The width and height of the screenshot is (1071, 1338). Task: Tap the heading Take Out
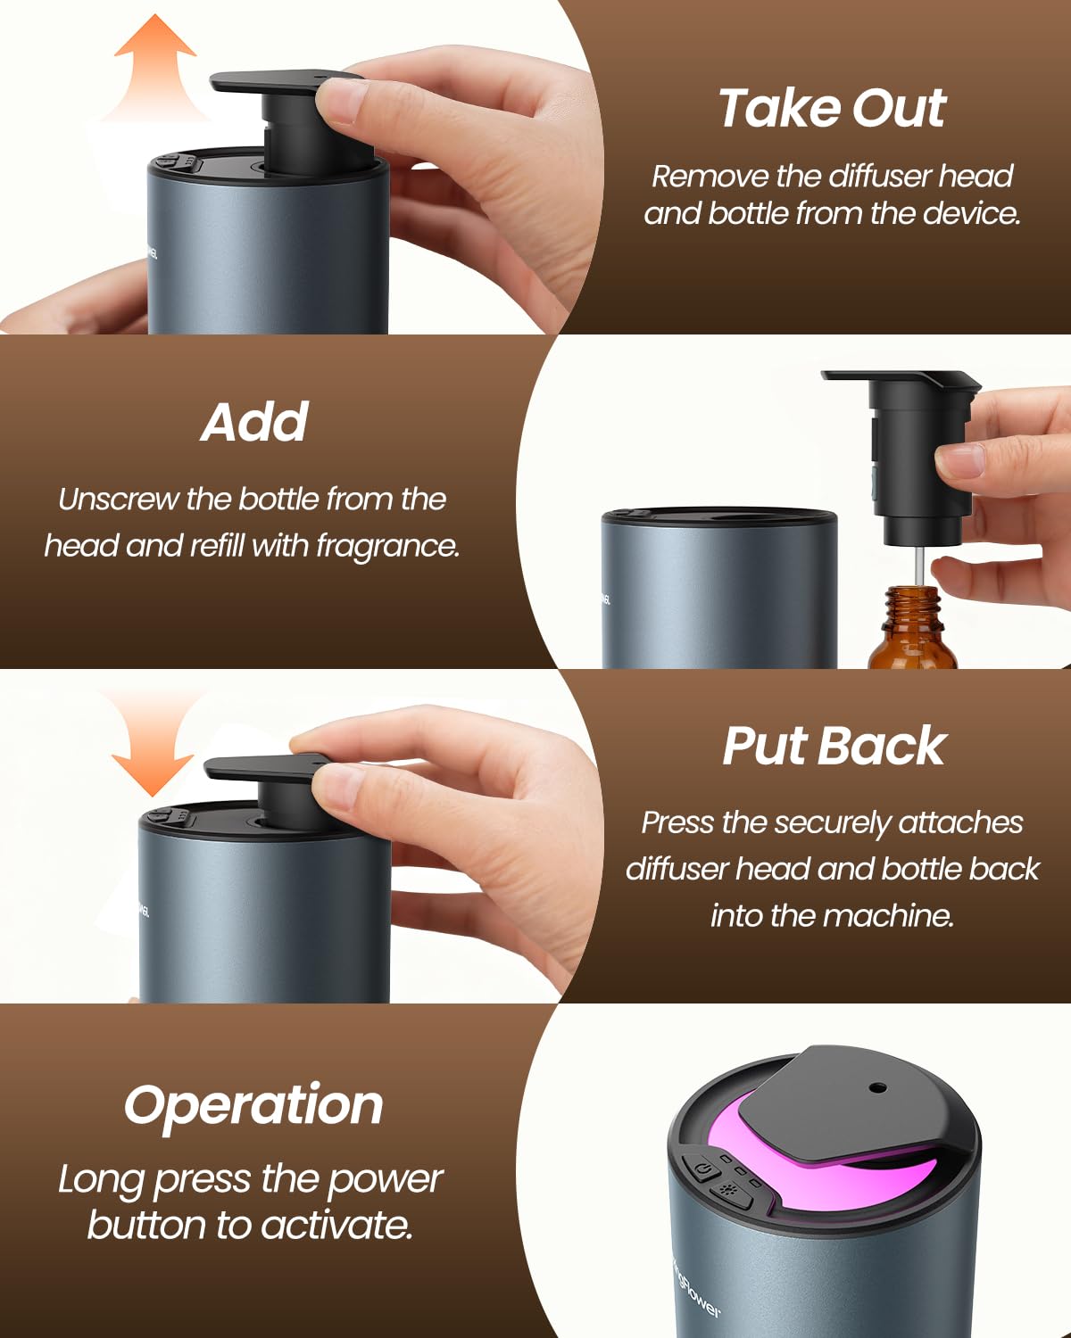833,109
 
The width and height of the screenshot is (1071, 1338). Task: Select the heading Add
254,423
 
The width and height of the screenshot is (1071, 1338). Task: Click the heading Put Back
834,746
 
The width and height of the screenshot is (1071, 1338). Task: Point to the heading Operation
253,1107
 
